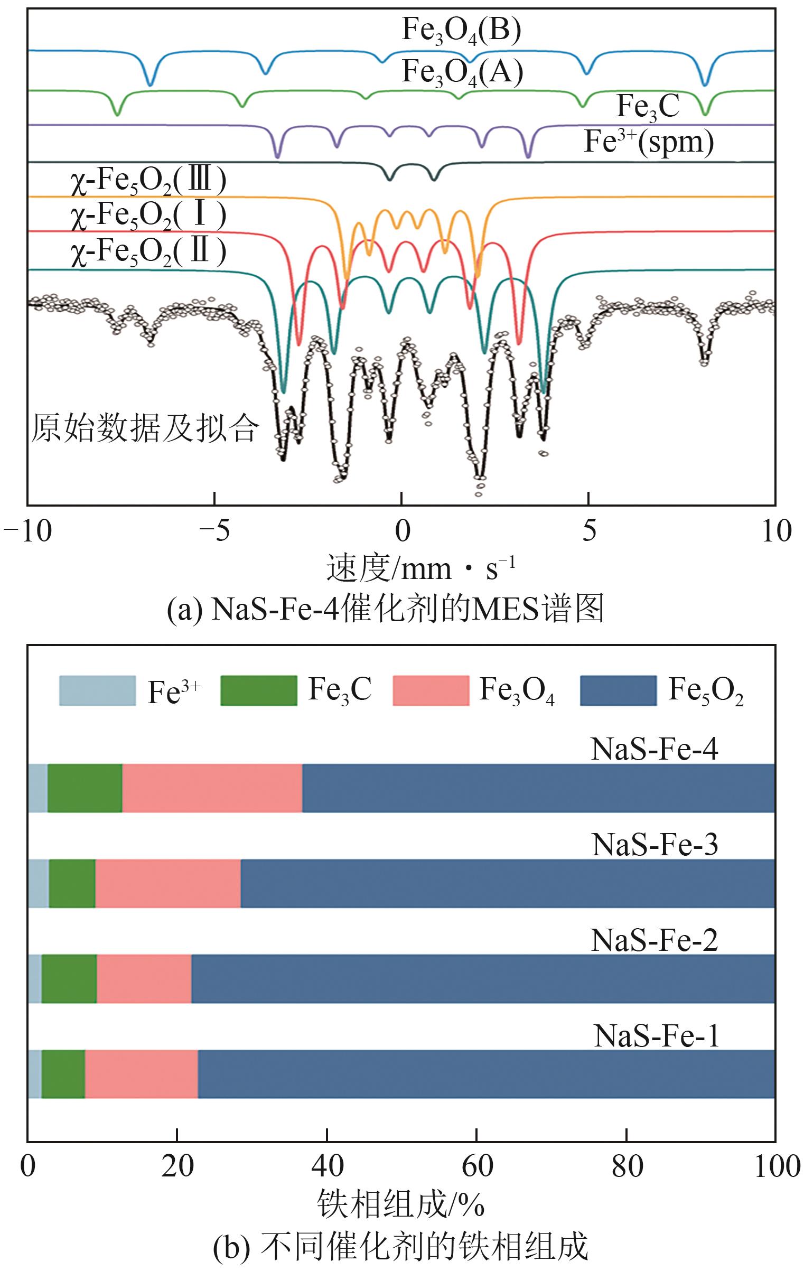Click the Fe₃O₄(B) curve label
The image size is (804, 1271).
pyautogui.click(x=461, y=31)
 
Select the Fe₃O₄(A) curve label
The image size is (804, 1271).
pyautogui.click(x=462, y=72)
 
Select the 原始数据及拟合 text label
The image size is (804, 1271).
pyautogui.click(x=145, y=428)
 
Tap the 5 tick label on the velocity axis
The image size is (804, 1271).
pyautogui.click(x=588, y=531)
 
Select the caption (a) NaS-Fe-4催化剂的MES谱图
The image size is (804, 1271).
pyautogui.click(x=385, y=610)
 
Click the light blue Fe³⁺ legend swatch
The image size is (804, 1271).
pyautogui.click(x=97, y=690)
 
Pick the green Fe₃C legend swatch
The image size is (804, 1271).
pyautogui.click(x=258, y=690)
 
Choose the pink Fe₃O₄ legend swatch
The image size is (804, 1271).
pyautogui.click(x=431, y=690)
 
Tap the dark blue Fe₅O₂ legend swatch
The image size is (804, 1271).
pyautogui.click(x=618, y=690)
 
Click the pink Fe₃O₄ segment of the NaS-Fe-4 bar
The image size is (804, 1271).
pyautogui.click(x=212, y=788)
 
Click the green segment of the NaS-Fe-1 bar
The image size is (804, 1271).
pyautogui.click(x=63, y=1074)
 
